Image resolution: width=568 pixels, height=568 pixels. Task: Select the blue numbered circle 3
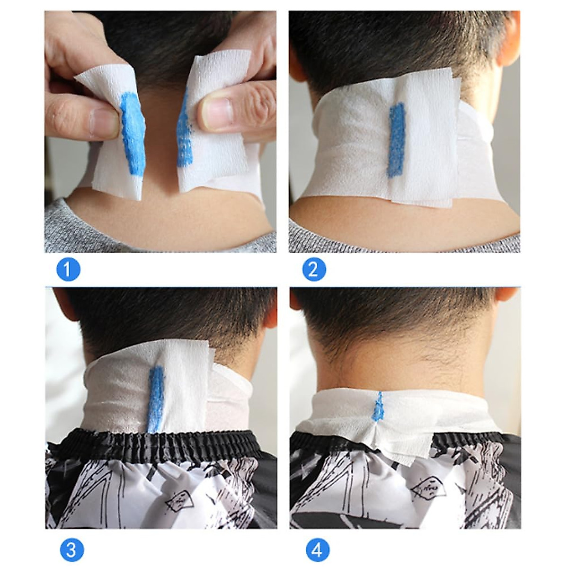coord(71,550)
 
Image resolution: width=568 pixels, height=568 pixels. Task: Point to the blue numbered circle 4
coord(317,550)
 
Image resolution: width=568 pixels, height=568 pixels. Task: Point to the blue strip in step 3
coord(156,398)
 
